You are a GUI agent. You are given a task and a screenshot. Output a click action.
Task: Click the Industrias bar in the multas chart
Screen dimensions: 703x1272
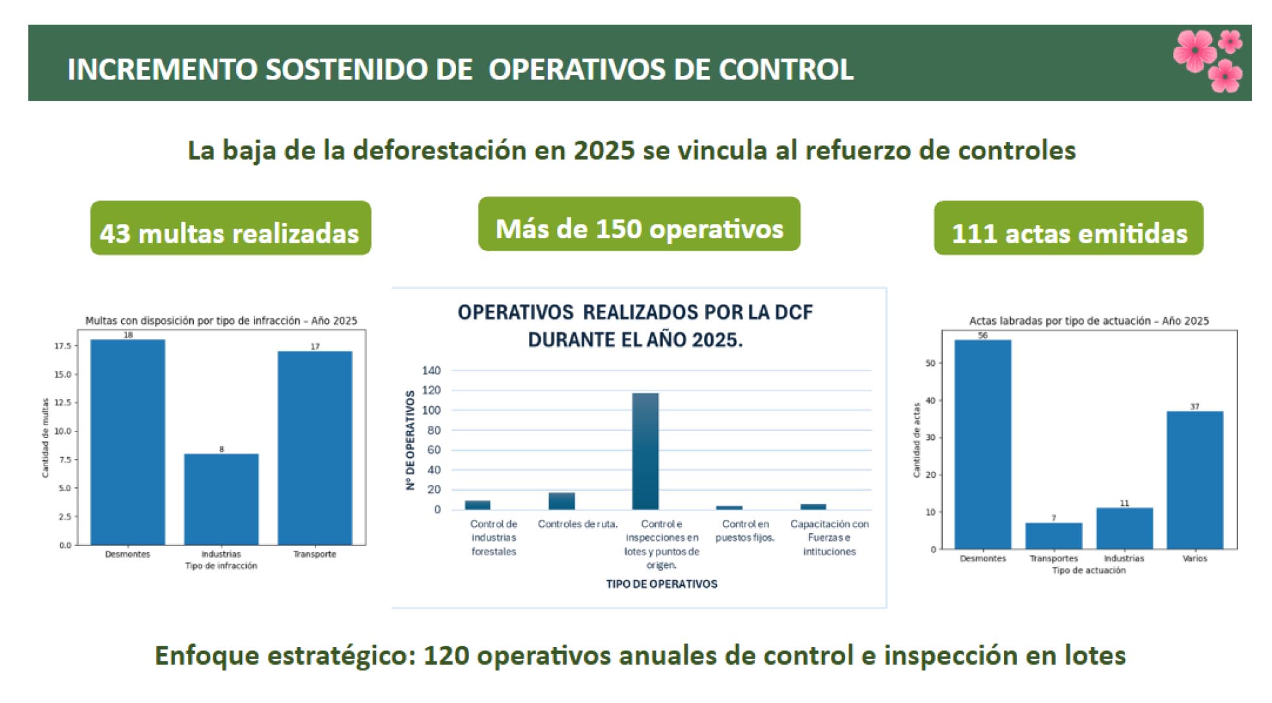tap(221, 499)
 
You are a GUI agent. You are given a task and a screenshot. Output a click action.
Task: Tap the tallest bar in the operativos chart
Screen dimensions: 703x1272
tap(645, 451)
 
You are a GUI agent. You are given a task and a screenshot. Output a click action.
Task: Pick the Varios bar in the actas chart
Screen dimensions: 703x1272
tap(1195, 480)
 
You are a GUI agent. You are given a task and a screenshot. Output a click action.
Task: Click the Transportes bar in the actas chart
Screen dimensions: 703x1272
tap(1053, 536)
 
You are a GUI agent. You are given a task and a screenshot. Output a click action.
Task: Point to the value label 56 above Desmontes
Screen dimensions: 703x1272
tap(982, 335)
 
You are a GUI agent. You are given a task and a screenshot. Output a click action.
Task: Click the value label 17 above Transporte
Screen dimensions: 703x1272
tap(315, 346)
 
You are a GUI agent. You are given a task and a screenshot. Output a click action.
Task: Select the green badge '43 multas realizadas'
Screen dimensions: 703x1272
tap(230, 228)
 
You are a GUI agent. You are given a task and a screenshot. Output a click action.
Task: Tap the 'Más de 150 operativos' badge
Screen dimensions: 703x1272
tap(639, 225)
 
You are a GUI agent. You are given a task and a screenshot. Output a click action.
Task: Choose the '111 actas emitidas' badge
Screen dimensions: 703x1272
tap(1068, 228)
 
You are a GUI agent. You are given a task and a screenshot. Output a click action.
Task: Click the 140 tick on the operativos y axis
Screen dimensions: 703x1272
tap(431, 370)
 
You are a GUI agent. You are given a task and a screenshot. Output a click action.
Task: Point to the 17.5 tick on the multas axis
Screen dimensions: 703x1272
tap(62, 346)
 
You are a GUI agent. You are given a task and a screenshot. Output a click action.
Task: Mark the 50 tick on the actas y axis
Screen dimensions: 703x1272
tap(930, 363)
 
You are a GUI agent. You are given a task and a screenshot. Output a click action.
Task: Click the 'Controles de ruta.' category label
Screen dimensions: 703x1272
tap(577, 524)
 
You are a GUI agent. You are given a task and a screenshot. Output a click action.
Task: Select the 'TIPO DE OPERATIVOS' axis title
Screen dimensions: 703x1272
tap(661, 584)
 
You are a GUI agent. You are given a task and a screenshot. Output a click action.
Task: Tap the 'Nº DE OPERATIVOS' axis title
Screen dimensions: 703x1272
tap(410, 439)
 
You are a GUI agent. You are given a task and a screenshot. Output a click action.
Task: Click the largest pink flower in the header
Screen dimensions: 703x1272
tap(1195, 50)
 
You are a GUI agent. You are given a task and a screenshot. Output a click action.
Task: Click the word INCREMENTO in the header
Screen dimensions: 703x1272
tap(163, 70)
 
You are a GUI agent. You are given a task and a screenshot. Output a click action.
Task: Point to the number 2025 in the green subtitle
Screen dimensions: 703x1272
tap(603, 150)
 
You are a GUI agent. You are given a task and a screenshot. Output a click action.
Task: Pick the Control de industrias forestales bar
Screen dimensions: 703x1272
tap(478, 504)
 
